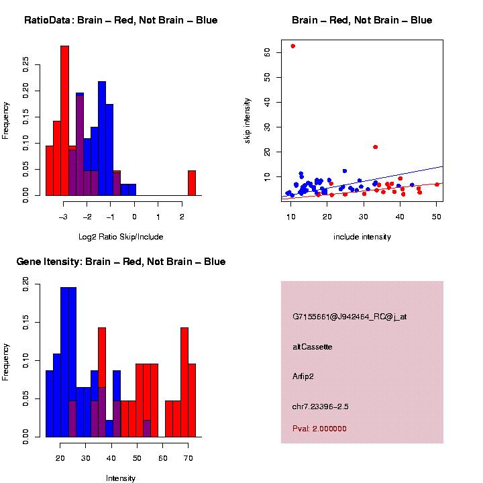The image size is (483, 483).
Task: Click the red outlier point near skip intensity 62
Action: tap(292, 46)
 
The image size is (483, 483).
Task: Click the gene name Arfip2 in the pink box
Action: tap(303, 376)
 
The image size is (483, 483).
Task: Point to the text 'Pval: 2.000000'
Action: tap(319, 428)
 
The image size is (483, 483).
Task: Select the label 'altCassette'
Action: tap(312, 347)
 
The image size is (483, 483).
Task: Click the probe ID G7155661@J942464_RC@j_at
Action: tap(349, 317)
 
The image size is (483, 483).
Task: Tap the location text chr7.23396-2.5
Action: tap(320, 406)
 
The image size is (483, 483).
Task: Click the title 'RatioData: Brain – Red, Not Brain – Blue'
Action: tap(121, 20)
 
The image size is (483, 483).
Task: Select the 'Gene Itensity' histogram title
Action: tap(121, 262)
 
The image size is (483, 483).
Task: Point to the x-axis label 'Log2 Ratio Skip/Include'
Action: tap(121, 237)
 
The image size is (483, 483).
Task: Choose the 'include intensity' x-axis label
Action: tap(362, 237)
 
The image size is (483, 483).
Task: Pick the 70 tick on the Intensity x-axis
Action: tap(188, 459)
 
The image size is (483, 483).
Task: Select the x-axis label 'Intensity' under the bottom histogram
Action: tap(121, 478)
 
